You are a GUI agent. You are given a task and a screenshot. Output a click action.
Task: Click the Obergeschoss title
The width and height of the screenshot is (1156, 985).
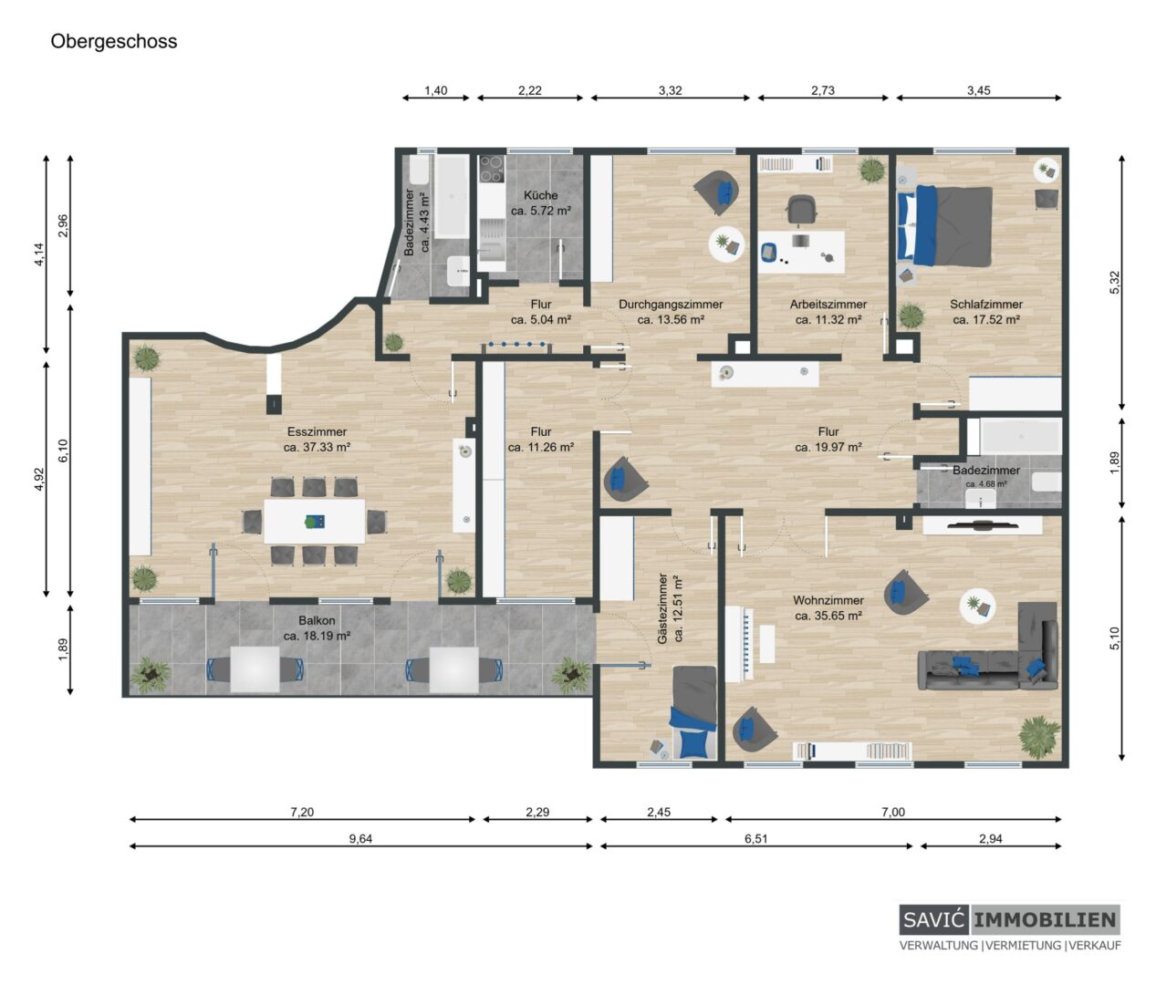(x=113, y=41)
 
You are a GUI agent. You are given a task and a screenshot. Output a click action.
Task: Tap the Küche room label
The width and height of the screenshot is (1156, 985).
(x=540, y=195)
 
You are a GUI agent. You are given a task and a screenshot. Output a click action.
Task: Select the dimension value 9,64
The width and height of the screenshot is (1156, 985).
(x=360, y=838)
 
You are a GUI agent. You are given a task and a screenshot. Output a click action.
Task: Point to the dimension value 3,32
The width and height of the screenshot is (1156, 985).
(x=670, y=90)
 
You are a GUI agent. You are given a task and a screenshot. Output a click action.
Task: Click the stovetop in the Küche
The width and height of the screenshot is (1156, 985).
(x=492, y=169)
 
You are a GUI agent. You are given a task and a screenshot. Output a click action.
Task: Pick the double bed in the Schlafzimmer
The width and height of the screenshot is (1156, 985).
(x=944, y=226)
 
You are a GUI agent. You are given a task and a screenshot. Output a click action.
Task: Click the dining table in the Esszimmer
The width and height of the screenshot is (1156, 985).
(x=314, y=522)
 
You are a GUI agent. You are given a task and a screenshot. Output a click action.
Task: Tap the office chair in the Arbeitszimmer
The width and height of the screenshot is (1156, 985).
(x=801, y=210)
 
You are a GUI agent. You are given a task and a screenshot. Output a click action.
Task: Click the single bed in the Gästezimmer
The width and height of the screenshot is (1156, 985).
(x=693, y=712)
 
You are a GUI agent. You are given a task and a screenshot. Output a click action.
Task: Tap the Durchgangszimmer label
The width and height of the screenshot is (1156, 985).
(x=670, y=305)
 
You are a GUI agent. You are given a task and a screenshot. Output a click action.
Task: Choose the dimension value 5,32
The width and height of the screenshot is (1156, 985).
(x=1115, y=283)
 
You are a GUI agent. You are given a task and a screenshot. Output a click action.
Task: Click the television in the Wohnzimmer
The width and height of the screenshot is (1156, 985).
(x=982, y=525)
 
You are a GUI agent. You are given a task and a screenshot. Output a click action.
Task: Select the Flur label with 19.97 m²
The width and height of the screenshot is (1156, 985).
(x=828, y=440)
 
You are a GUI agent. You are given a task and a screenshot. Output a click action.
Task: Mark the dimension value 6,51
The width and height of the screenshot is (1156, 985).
(x=755, y=838)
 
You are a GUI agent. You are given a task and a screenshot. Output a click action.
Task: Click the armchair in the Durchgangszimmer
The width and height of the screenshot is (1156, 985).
(x=717, y=192)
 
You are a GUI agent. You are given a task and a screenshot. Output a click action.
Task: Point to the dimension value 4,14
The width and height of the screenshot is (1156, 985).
(x=39, y=254)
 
